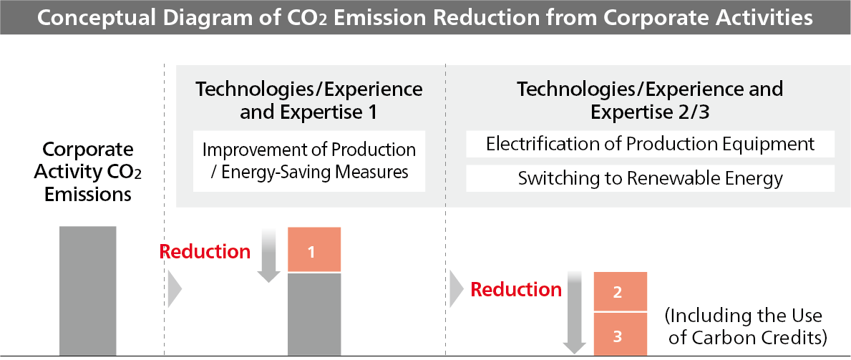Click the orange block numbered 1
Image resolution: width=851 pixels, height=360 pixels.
pos(313,250)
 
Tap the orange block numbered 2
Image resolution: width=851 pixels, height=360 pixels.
pos(620,291)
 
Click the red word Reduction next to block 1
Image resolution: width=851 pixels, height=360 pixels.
pos(205,252)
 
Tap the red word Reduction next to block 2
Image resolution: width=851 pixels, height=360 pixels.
pos(516,290)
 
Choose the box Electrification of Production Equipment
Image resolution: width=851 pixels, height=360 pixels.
pos(650,144)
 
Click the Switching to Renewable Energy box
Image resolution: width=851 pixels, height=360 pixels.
pos(650,179)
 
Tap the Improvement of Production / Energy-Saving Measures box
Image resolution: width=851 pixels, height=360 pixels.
pos(309,161)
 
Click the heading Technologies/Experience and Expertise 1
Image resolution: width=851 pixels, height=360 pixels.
pos(309,101)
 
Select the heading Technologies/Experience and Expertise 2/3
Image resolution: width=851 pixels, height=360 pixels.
pos(650,101)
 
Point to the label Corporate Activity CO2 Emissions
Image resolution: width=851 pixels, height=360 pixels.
pos(88,172)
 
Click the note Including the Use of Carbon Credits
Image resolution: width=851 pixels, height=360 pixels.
pos(747,326)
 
